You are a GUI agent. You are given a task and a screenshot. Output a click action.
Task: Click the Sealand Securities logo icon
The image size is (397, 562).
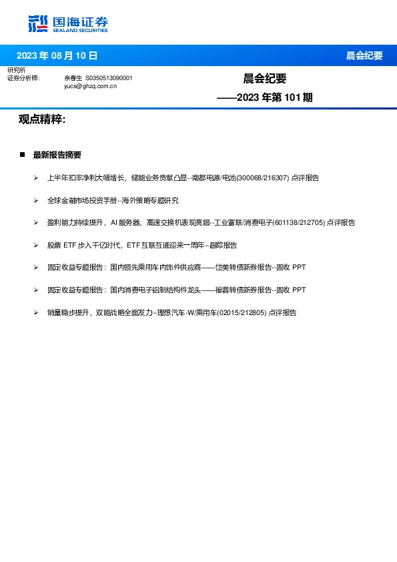[x=39, y=23]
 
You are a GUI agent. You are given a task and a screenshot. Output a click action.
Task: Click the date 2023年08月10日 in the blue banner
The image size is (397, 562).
[x=57, y=55]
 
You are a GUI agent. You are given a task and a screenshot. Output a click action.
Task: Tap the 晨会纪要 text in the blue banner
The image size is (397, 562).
[x=364, y=55]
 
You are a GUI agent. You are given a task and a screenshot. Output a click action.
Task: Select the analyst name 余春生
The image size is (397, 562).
[x=72, y=78]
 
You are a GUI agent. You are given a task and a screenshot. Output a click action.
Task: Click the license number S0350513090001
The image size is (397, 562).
[x=109, y=78]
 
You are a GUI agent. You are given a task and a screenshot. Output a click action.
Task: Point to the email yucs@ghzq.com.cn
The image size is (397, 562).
[x=90, y=86]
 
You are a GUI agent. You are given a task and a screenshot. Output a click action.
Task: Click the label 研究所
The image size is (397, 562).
[x=16, y=70]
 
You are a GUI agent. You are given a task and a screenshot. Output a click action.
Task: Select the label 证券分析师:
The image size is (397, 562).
[x=23, y=78]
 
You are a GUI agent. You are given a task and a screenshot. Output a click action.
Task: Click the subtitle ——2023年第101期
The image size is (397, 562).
[x=265, y=97]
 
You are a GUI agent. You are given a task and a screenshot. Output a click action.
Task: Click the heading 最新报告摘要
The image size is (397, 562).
[x=57, y=155]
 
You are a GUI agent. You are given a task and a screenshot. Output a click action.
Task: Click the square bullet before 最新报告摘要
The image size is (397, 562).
[x=22, y=155]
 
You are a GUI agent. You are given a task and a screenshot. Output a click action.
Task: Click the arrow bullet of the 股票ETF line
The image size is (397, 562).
[x=36, y=245]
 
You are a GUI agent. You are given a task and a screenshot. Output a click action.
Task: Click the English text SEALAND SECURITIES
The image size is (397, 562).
[x=80, y=29]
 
